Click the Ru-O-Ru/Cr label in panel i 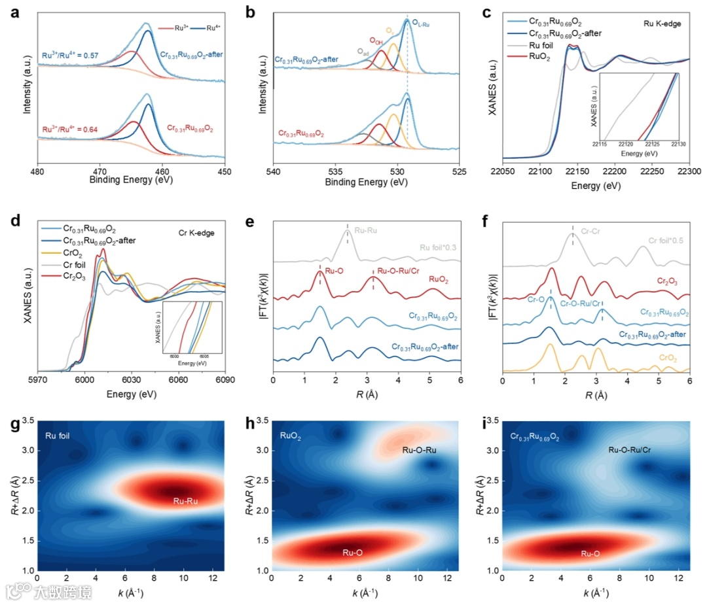(x=630, y=450)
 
